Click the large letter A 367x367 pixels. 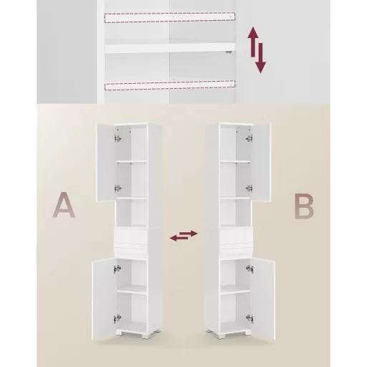tap(64, 205)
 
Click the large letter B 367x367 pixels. tap(304, 206)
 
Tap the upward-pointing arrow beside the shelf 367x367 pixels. tap(253, 42)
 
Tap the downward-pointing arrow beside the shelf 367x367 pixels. tap(260, 58)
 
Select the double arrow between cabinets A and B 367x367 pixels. tap(183, 235)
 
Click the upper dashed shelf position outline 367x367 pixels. tap(170, 17)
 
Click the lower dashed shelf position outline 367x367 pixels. tap(170, 85)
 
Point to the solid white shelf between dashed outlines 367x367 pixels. tap(170, 48)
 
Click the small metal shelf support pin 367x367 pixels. tap(229, 52)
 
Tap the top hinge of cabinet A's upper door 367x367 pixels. tap(118, 138)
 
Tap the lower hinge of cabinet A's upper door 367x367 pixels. tap(118, 189)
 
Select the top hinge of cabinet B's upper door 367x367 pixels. tap(249, 138)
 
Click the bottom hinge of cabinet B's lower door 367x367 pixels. tap(249, 318)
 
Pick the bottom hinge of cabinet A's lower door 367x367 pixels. tap(118, 318)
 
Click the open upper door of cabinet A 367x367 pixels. tap(106, 162)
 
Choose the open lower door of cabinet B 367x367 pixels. tap(263, 299)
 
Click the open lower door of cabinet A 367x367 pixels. tap(104, 299)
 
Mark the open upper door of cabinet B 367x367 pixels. tap(261, 163)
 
